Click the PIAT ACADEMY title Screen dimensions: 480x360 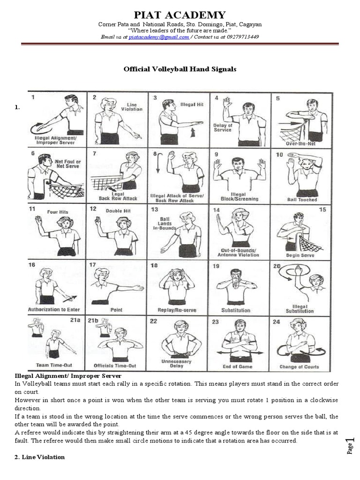(180, 15)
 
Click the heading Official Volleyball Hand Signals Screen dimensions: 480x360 (180, 69)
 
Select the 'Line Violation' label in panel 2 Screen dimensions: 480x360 (134, 107)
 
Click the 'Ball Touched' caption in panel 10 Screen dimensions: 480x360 (302, 199)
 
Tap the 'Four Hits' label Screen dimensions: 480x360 (58, 212)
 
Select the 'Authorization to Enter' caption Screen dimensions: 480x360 (54, 309)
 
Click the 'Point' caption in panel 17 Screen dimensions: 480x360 (116, 310)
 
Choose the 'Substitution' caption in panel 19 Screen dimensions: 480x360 (236, 310)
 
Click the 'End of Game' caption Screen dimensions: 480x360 (239, 367)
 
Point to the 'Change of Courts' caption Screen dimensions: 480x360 (299, 367)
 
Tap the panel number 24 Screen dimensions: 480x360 (276, 322)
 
